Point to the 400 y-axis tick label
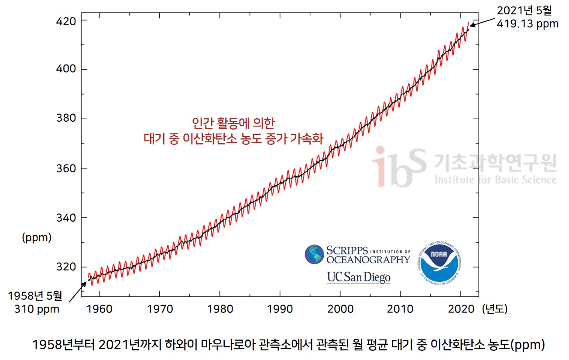point(66,69)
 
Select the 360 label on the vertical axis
point(66,168)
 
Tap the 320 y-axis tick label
point(66,267)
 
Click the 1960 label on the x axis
point(99,309)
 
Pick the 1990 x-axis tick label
point(280,309)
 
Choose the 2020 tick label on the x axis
point(461,309)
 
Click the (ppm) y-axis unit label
point(37,238)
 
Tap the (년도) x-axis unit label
point(495,309)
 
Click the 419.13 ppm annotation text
point(528,24)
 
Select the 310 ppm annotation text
point(37,309)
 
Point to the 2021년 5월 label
point(524,10)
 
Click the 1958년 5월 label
point(36,296)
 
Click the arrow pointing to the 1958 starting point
point(78,291)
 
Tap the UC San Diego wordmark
point(358,277)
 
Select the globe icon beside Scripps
point(314,254)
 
